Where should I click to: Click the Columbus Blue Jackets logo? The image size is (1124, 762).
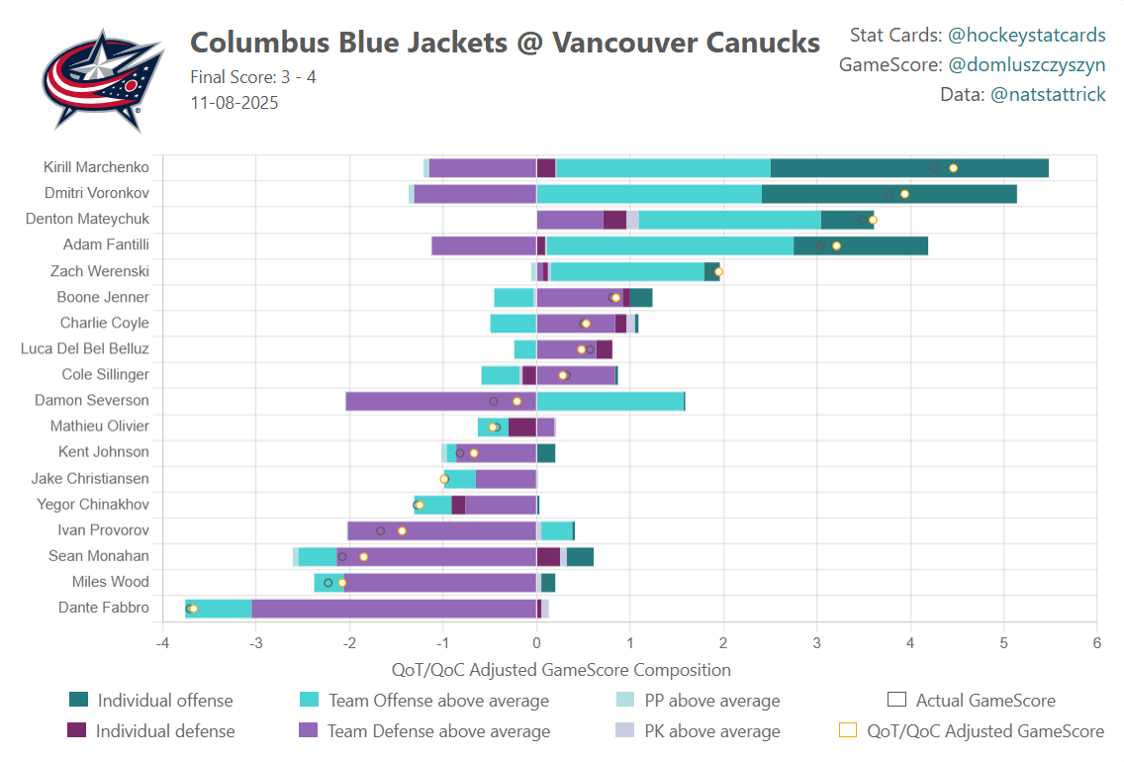click(102, 79)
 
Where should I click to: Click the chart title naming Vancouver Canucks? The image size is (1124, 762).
click(505, 43)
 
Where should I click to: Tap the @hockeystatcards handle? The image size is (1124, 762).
click(1026, 36)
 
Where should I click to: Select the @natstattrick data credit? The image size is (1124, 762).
click(1047, 95)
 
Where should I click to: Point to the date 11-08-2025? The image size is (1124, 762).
click(234, 103)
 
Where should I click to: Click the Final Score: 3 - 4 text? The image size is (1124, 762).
click(253, 77)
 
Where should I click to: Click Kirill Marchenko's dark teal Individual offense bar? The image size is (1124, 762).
click(908, 168)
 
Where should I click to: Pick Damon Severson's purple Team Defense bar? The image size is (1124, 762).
click(440, 401)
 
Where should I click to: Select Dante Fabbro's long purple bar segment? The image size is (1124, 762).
click(393, 608)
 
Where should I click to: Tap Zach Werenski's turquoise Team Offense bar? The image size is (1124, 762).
click(626, 271)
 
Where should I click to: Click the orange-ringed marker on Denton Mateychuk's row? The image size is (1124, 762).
click(872, 220)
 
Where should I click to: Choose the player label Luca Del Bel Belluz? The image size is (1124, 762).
click(85, 348)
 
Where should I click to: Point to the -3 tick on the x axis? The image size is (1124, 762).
click(256, 642)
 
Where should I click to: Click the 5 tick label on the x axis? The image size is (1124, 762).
click(1003, 642)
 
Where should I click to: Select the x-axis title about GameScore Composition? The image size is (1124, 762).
click(561, 670)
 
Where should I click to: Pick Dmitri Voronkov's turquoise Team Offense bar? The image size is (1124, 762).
click(648, 194)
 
